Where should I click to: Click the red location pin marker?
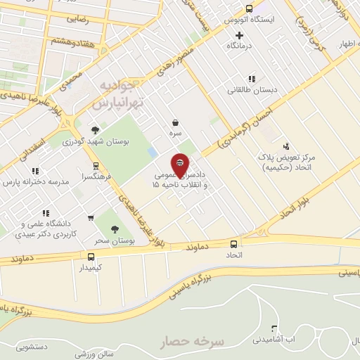click(x=180, y=165)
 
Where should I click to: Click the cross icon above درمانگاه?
click(x=240, y=34)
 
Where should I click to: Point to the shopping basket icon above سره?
click(x=174, y=122)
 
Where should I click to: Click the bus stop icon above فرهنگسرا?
click(x=96, y=166)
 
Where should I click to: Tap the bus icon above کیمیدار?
click(x=90, y=257)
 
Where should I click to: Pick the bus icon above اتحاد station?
click(x=234, y=244)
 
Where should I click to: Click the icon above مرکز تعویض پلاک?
click(x=285, y=146)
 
